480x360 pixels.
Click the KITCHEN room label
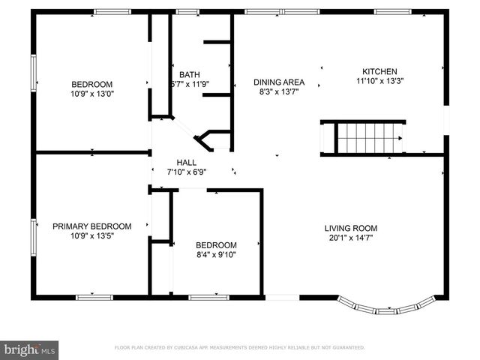click(x=380, y=72)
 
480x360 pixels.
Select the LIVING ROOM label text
click(x=350, y=228)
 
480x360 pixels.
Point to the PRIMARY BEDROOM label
click(x=91, y=226)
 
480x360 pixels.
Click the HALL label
click(x=186, y=162)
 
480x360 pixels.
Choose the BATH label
click(x=189, y=74)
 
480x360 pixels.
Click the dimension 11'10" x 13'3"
click(x=380, y=82)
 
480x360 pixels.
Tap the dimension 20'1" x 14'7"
click(x=350, y=238)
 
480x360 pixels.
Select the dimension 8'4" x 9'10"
click(x=216, y=254)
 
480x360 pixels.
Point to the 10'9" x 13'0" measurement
click(x=91, y=94)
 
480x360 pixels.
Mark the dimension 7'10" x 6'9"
click(x=186, y=172)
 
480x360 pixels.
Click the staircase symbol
click(x=367, y=138)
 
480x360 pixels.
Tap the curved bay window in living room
click(x=385, y=307)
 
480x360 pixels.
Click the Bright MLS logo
click(x=30, y=349)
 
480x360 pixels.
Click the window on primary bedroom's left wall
click(x=33, y=238)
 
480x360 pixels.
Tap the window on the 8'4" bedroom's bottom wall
click(x=208, y=298)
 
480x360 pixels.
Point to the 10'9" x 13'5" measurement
click(x=91, y=235)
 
